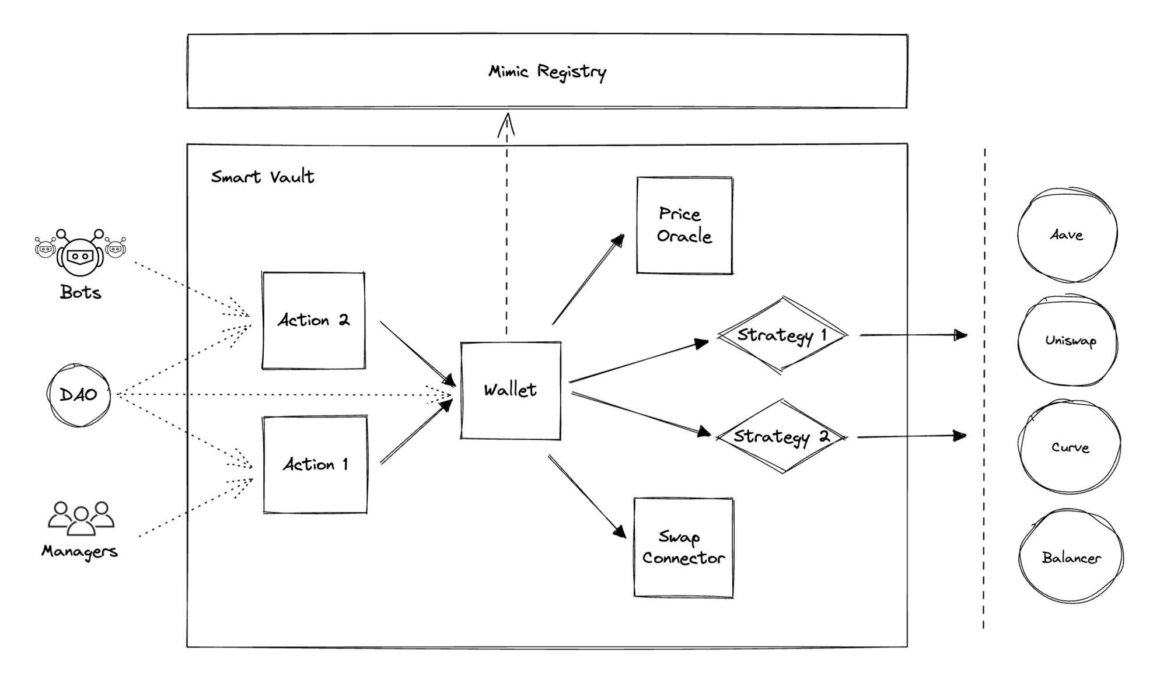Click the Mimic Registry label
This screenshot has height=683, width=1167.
pos(547,72)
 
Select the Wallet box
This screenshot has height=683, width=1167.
pos(511,390)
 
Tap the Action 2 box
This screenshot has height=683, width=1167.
pos(313,320)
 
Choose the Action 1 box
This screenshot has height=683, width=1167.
pos(315,464)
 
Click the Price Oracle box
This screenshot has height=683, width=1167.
pos(684,225)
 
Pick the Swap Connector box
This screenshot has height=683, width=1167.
pos(683,547)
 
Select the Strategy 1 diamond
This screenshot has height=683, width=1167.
pos(781,335)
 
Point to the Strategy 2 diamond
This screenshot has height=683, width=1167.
pos(781,436)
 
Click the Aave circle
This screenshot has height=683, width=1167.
pos(1067,234)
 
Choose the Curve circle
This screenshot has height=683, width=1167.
pos(1070,447)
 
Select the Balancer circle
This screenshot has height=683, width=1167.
pos(1071,557)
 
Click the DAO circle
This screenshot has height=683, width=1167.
pos(79,395)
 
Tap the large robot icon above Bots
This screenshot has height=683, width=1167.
pos(80,254)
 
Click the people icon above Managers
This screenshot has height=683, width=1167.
pos(81,518)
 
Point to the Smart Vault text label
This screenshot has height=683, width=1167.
pos(263,177)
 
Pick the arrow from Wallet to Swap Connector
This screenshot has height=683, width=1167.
pos(586,496)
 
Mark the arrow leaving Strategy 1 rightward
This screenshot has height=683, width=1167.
pos(913,335)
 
